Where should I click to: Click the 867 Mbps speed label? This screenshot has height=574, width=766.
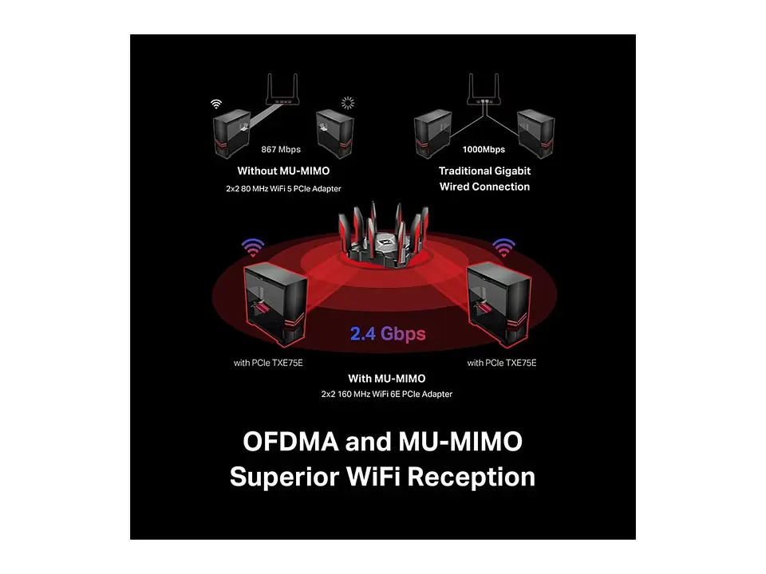point(281,149)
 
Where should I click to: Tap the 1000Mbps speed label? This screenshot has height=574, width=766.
point(484,149)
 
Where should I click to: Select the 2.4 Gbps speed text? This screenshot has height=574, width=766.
point(388,334)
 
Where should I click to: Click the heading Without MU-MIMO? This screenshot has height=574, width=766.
point(283,171)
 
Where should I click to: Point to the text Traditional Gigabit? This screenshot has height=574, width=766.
point(484,171)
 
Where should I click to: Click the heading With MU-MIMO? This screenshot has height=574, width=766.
point(386,378)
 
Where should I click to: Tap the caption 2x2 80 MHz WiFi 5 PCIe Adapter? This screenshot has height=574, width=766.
point(283,189)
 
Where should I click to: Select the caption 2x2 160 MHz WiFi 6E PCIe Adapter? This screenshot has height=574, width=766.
point(386,394)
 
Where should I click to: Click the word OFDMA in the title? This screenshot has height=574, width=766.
point(290,441)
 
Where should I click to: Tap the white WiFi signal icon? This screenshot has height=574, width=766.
point(216,104)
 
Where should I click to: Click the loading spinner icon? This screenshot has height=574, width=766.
point(348,103)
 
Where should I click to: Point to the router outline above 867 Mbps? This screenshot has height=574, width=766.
point(282,89)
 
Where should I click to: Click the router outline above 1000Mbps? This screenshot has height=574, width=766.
point(484,89)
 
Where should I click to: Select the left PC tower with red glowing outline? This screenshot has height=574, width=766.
point(275,304)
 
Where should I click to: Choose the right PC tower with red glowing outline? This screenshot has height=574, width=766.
point(499,304)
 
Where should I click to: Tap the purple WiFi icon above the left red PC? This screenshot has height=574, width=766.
point(253,247)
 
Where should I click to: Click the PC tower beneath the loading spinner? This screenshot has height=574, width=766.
point(334,134)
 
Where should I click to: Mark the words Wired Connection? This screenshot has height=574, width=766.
point(484,187)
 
